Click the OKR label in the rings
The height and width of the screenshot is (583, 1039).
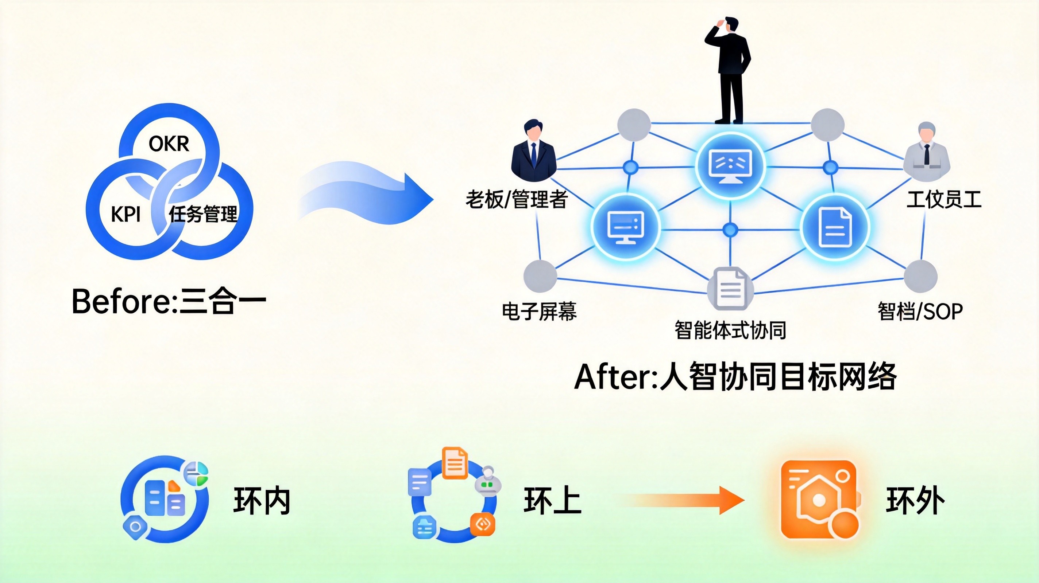(169, 144)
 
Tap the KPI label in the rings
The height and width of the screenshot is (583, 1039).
(126, 214)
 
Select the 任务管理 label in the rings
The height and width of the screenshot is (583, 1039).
(203, 214)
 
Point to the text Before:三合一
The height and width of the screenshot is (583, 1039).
(169, 301)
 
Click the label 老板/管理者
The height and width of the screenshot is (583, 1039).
(517, 199)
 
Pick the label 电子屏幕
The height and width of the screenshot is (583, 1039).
(539, 312)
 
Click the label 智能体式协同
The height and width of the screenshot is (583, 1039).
(730, 330)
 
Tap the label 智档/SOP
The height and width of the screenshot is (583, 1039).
(920, 312)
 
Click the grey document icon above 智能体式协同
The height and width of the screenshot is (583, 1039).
(730, 288)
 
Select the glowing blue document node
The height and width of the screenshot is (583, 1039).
(834, 227)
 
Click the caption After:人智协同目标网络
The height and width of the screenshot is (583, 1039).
(735, 377)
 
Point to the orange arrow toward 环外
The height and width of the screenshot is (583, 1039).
(681, 500)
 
